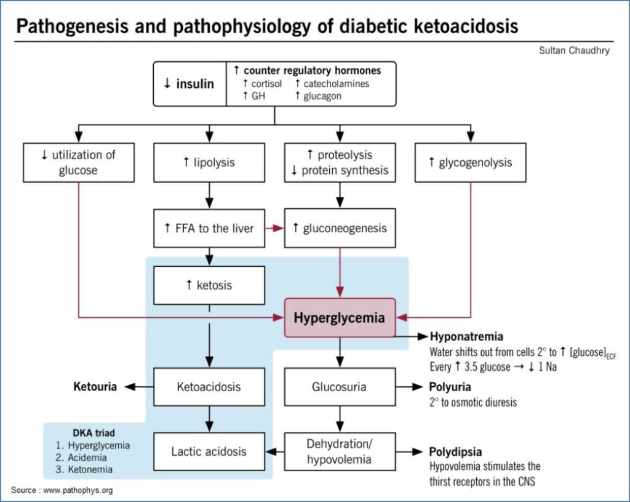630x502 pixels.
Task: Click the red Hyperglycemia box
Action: pyautogui.click(x=340, y=318)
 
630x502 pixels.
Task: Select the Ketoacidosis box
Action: pyautogui.click(x=209, y=387)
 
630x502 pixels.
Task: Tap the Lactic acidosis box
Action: pyautogui.click(x=209, y=451)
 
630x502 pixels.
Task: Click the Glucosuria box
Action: pyautogui.click(x=339, y=387)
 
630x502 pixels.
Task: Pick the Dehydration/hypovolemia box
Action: pyautogui.click(x=339, y=451)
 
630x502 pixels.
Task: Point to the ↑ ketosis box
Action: pyautogui.click(x=209, y=285)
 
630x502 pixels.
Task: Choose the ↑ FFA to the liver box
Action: pyautogui.click(x=209, y=228)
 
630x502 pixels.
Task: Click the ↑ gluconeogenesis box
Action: pyautogui.click(x=339, y=228)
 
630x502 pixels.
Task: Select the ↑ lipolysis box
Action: pyautogui.click(x=209, y=163)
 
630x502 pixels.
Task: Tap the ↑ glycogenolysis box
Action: pyautogui.click(x=470, y=163)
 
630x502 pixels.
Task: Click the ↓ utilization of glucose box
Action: pyautogui.click(x=78, y=163)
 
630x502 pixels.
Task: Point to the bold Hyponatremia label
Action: pyautogui.click(x=466, y=337)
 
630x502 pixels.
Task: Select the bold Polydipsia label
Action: pyautogui.click(x=456, y=451)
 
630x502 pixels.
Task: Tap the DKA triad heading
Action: pyautogui.click(x=95, y=432)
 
